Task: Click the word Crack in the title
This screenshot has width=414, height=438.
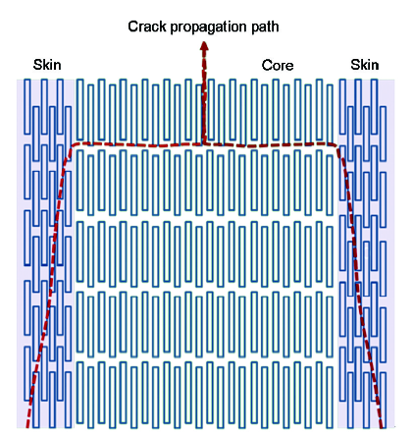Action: point(147,27)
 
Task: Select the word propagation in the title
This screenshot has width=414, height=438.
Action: point(208,27)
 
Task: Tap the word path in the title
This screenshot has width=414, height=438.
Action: point(265,27)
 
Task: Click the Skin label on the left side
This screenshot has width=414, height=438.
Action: point(47,65)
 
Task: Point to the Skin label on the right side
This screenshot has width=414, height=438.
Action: point(365,65)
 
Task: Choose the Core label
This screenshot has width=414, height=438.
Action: point(278,66)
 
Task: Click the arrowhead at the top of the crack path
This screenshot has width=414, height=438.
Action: point(204,46)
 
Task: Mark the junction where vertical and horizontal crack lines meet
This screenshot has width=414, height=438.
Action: point(203,144)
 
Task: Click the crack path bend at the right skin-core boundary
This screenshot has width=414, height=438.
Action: point(336,145)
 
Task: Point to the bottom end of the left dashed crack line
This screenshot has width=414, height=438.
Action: point(27,427)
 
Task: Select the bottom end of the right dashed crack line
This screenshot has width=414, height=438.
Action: point(382,427)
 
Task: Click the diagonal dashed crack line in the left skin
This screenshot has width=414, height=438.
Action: point(50,287)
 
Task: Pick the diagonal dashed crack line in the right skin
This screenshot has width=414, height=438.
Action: point(359,287)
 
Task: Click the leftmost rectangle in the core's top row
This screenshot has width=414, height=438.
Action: point(79,109)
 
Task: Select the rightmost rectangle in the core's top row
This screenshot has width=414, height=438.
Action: point(330,113)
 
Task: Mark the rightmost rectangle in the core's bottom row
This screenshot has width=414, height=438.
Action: point(330,398)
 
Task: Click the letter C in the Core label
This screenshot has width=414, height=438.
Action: point(267,66)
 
